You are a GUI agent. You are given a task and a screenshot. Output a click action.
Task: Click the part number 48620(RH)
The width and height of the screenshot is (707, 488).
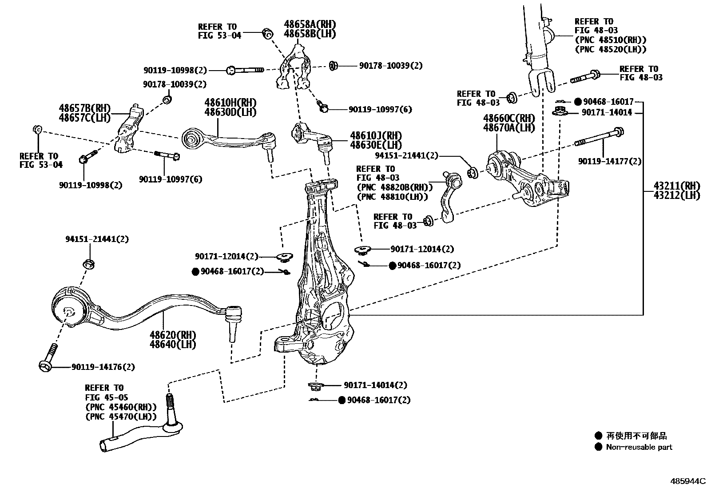(x=173, y=334)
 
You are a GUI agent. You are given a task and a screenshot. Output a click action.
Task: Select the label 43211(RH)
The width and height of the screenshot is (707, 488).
(x=676, y=185)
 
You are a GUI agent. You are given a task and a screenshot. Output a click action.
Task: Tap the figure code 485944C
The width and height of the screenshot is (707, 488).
(x=687, y=481)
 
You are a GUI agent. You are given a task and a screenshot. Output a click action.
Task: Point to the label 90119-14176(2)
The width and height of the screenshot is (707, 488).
(x=103, y=367)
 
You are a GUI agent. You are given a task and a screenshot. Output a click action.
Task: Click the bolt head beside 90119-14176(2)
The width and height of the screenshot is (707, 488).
(x=45, y=365)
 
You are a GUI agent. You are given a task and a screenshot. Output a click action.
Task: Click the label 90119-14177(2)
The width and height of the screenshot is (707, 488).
(x=609, y=162)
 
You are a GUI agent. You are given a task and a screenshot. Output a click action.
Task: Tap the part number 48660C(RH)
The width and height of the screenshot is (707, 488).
(x=509, y=118)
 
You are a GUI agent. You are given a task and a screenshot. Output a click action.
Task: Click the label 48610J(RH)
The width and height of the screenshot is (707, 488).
(x=376, y=135)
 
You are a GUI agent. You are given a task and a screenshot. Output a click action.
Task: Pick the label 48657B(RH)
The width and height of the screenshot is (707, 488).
(x=84, y=108)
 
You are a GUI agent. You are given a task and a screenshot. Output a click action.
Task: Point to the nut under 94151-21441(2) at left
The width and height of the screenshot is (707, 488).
(x=89, y=264)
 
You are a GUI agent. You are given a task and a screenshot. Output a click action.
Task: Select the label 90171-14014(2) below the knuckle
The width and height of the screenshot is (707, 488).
(x=375, y=385)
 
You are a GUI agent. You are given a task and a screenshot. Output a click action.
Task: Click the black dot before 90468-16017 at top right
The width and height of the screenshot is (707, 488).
(x=578, y=102)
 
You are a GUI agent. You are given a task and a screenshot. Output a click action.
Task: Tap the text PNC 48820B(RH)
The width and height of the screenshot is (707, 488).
(x=394, y=187)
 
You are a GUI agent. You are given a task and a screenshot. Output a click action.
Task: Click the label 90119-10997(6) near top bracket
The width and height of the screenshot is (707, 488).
(x=380, y=109)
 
